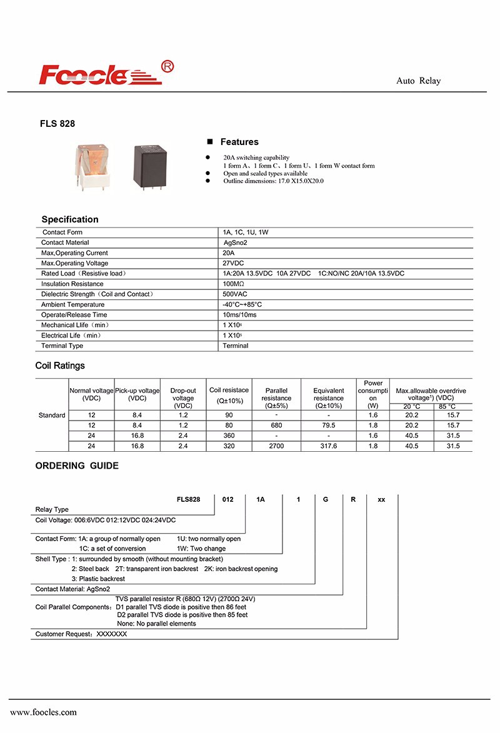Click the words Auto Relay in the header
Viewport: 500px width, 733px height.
click(418, 81)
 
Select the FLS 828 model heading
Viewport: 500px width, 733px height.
click(57, 124)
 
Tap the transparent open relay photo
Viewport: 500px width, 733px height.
click(92, 165)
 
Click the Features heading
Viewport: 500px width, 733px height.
click(239, 142)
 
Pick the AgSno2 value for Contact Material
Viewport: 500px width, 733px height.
click(236, 242)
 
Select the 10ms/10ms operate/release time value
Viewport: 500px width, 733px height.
click(239, 315)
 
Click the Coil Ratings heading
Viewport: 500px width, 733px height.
click(59, 366)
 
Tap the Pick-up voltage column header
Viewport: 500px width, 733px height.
click(137, 394)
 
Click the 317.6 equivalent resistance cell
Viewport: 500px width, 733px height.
click(328, 446)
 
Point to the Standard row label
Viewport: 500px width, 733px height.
click(52, 416)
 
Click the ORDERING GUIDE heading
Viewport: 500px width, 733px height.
click(76, 466)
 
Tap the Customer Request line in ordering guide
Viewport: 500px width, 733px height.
click(81, 634)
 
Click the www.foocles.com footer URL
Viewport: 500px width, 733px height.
click(43, 712)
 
